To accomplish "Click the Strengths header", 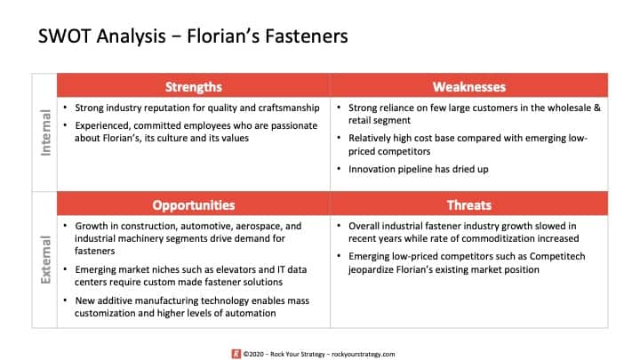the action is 194,87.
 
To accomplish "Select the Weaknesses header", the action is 469,87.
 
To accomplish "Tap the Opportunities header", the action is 194,205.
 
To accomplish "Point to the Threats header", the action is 469,205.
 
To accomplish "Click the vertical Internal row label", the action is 45,132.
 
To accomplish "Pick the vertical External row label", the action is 45,260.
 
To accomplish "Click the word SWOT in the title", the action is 64,36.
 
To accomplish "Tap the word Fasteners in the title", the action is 307,36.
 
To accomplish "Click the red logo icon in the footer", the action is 236,354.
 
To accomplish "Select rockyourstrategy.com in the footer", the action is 364,355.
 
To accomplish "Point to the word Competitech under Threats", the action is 557,256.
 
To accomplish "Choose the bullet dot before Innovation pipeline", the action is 339,169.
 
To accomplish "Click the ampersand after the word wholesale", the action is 597,108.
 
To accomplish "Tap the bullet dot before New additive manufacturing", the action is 65,300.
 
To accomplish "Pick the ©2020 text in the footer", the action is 253,355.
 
